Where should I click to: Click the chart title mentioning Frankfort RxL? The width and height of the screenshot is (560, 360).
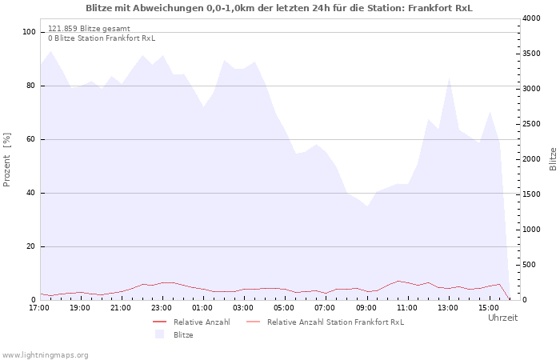279,8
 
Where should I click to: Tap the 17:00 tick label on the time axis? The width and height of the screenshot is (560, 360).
39,308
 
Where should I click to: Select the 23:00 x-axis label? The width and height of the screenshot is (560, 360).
162,308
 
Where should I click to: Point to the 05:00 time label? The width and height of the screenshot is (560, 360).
284,308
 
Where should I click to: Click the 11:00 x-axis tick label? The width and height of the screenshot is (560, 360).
406,308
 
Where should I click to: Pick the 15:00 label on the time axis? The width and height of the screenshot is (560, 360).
489,308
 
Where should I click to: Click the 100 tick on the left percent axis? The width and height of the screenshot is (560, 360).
29,32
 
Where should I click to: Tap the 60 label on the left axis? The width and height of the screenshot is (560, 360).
31,139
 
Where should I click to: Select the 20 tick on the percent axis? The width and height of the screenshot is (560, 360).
31,246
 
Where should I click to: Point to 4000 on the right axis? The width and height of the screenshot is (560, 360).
531,18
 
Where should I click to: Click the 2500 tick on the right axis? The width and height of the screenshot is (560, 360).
531,124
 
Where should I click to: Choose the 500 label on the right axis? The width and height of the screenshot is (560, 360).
529,265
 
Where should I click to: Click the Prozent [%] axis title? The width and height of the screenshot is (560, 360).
6,160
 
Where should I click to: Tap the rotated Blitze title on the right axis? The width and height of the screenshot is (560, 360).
553,159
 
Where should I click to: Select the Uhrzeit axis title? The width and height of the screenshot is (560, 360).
503,318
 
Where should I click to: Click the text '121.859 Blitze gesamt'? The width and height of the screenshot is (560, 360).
89,29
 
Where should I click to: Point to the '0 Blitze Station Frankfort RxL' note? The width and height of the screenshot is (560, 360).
102,38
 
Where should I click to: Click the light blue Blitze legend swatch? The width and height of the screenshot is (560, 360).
160,334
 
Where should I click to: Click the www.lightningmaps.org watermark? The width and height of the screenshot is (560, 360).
44,355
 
